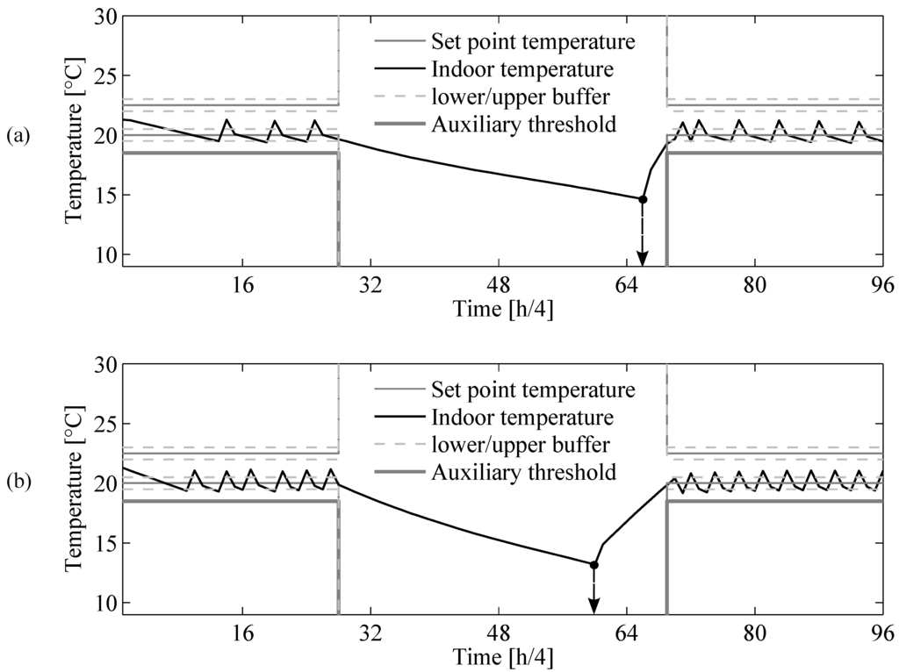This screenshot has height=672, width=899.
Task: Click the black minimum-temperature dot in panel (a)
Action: pos(643,199)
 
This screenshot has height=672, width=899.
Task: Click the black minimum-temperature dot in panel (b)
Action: pos(593,564)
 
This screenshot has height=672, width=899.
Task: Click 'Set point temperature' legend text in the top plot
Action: pos(532,41)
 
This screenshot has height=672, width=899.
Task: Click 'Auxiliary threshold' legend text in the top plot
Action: pos(523,125)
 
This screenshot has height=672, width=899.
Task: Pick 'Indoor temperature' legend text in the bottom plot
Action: pos(521,416)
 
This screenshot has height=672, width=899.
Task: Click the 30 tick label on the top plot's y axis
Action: pos(104,17)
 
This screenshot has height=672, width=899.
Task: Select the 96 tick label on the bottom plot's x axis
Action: pos(881,633)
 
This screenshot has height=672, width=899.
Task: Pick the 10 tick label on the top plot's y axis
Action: pos(104,254)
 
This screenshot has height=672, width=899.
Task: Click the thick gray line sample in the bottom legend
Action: pos(397,473)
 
